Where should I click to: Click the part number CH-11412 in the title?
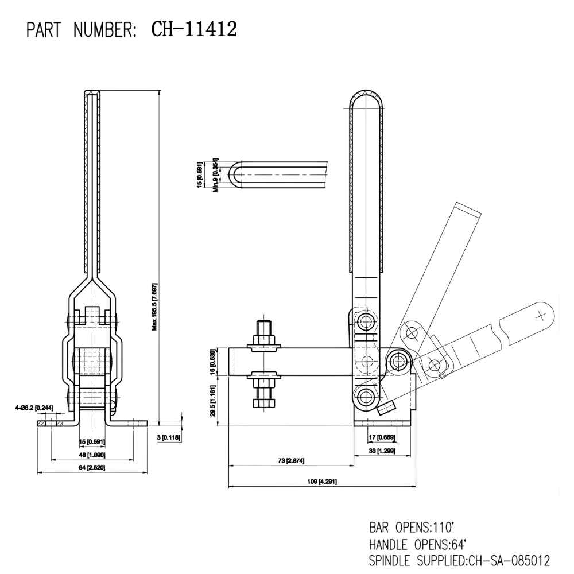coord(194,29)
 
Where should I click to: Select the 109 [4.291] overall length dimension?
coord(321,481)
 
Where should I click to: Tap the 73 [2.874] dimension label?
coord(290,461)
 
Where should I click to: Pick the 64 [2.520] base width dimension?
coord(92,468)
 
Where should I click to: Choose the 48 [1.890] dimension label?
coord(92,454)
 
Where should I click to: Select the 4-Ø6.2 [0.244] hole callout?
coord(35,408)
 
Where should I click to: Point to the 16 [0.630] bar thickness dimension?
coord(213,361)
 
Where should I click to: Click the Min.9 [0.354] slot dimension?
coord(216,175)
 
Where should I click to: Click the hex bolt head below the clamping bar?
coord(263,401)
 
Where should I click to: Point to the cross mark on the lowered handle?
coord(540,315)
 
